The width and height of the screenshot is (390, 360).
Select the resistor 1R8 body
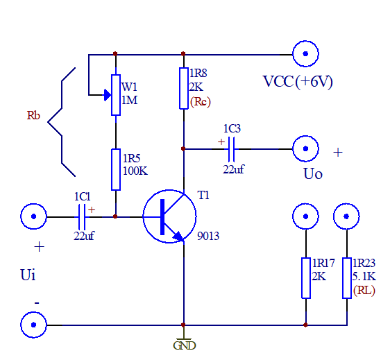(183, 87)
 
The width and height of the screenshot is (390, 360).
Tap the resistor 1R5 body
(115, 169)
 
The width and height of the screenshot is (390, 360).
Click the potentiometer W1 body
(115, 95)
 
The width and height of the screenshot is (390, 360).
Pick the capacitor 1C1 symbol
(83, 216)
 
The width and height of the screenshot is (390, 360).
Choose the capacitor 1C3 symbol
(232, 148)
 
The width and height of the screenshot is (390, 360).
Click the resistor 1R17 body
(305, 278)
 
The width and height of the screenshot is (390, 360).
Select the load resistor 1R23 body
(346, 278)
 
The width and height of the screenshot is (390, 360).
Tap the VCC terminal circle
(305, 53)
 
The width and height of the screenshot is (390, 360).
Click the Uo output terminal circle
(305, 148)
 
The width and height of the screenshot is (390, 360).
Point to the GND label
(184, 345)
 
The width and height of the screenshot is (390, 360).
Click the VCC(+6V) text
(298, 81)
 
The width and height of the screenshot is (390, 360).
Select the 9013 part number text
(207, 236)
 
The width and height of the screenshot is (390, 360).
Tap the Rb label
(33, 116)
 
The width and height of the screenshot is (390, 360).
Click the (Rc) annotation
(200, 102)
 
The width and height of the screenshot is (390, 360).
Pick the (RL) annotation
(364, 291)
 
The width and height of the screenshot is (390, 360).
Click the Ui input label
(28, 276)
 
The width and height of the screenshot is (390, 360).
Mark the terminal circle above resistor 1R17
(305, 216)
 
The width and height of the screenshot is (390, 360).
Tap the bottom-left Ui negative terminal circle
(33, 324)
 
